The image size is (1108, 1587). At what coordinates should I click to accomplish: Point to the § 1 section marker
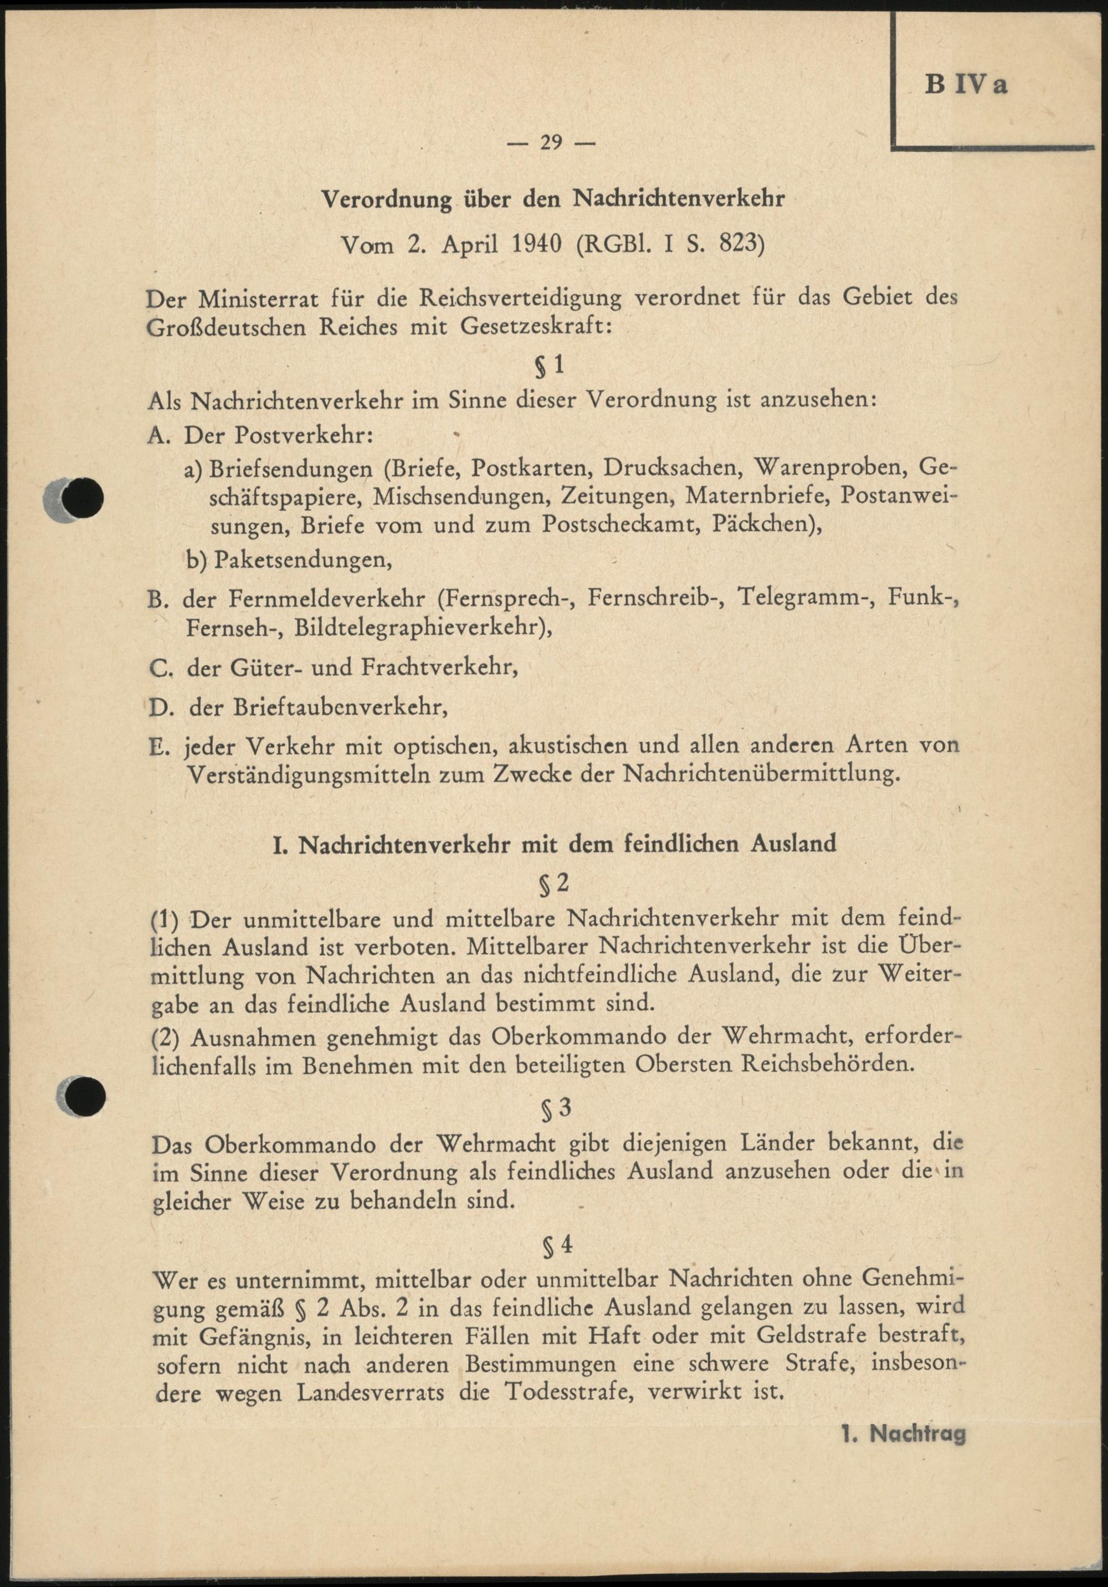click(x=550, y=364)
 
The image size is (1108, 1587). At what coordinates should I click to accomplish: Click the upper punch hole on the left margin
click(x=82, y=496)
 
